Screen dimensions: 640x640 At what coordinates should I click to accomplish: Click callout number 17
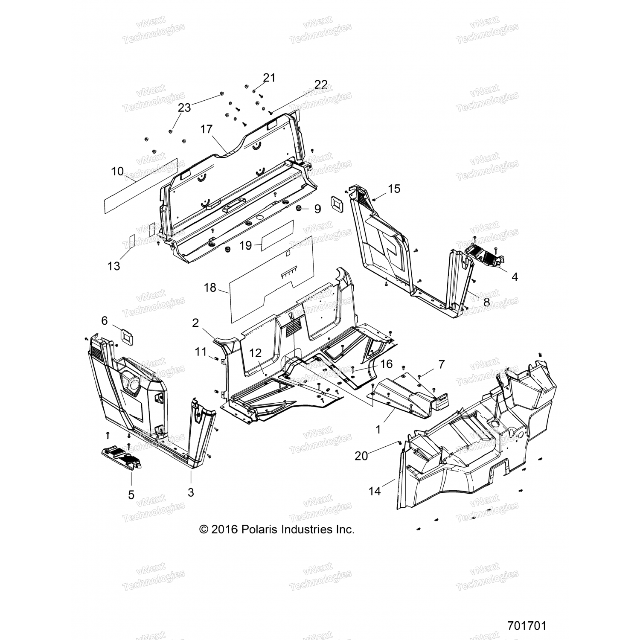[207, 129]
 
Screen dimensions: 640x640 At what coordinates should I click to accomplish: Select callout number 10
[117, 172]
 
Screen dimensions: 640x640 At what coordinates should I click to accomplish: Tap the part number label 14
[374, 492]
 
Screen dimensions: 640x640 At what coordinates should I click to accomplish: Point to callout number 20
[361, 456]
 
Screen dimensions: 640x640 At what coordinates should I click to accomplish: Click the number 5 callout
[131, 495]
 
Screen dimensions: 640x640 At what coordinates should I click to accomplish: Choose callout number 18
[210, 288]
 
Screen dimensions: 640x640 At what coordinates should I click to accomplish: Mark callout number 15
[394, 188]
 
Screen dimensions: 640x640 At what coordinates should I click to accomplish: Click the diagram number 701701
[527, 625]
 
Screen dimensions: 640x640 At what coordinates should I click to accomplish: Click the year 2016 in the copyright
[224, 529]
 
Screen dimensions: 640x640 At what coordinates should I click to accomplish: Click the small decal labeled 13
[132, 241]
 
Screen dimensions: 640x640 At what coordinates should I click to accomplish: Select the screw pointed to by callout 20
[399, 442]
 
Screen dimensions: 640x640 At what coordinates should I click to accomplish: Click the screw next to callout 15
[374, 199]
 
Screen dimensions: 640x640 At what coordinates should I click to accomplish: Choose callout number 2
[195, 323]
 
